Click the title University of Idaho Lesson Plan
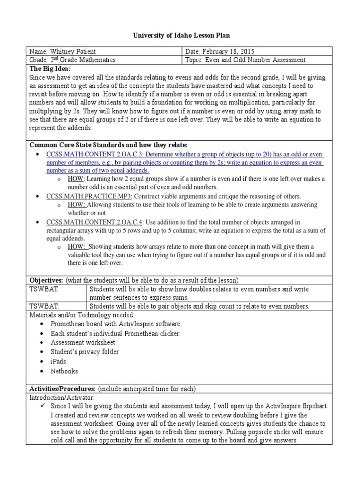point(181,35)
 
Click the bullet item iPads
point(59,362)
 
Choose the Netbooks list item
point(64,371)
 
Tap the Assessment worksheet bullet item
point(83,342)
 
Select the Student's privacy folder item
point(85,352)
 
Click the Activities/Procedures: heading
point(63,389)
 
